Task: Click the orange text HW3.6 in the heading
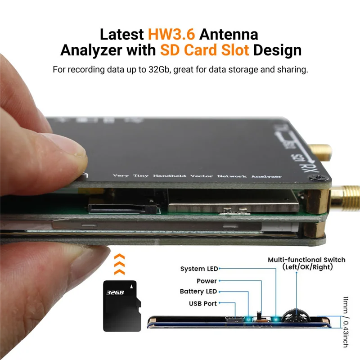[x=173, y=34]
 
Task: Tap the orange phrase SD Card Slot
[x=205, y=50]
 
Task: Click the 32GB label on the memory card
[x=115, y=292]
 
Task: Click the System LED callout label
[x=199, y=269]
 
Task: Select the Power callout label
[x=207, y=281]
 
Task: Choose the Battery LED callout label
[x=198, y=292]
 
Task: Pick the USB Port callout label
[x=202, y=303]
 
